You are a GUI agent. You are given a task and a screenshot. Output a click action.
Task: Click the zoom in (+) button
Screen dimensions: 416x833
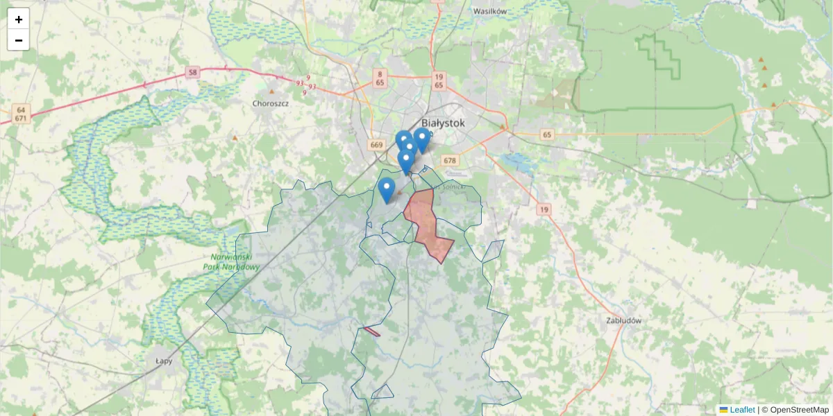19,19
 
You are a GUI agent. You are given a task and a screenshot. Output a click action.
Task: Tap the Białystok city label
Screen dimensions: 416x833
443,123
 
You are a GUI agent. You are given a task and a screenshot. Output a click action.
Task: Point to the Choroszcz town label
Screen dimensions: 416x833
271,103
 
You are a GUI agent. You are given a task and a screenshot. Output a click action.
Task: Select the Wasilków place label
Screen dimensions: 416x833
490,12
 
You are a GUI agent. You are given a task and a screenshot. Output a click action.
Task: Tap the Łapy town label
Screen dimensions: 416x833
164,361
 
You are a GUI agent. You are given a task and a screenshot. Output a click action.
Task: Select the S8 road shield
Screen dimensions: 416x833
192,72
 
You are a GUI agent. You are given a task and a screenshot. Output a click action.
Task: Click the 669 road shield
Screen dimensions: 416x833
377,145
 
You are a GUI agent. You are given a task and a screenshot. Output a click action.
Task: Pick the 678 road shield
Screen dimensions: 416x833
450,161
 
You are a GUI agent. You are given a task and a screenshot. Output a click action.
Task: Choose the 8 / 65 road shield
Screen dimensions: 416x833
380,78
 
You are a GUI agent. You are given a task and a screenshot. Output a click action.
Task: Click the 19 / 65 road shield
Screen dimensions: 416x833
438,80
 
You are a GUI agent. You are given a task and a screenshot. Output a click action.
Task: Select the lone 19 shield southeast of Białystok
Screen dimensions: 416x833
544,209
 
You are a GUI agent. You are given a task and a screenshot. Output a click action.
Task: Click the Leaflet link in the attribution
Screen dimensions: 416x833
741,410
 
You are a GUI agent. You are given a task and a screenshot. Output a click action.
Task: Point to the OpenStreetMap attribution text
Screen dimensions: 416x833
799,410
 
